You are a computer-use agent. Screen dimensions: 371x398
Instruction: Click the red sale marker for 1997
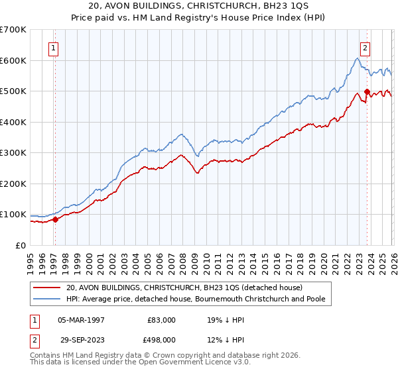55,220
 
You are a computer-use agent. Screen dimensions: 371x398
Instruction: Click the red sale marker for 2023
367,93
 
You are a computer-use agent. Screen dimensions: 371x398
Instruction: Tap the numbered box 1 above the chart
53,47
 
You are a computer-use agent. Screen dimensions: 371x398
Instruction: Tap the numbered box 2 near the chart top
365,47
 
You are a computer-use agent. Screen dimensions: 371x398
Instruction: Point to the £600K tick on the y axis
13,60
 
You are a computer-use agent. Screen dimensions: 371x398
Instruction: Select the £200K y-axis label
13,184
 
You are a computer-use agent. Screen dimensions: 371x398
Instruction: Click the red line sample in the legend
47,288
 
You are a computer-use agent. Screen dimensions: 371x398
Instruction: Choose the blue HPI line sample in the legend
47,299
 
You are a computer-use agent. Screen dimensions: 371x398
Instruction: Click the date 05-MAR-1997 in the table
81,320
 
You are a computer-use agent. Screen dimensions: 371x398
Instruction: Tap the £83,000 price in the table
161,320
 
